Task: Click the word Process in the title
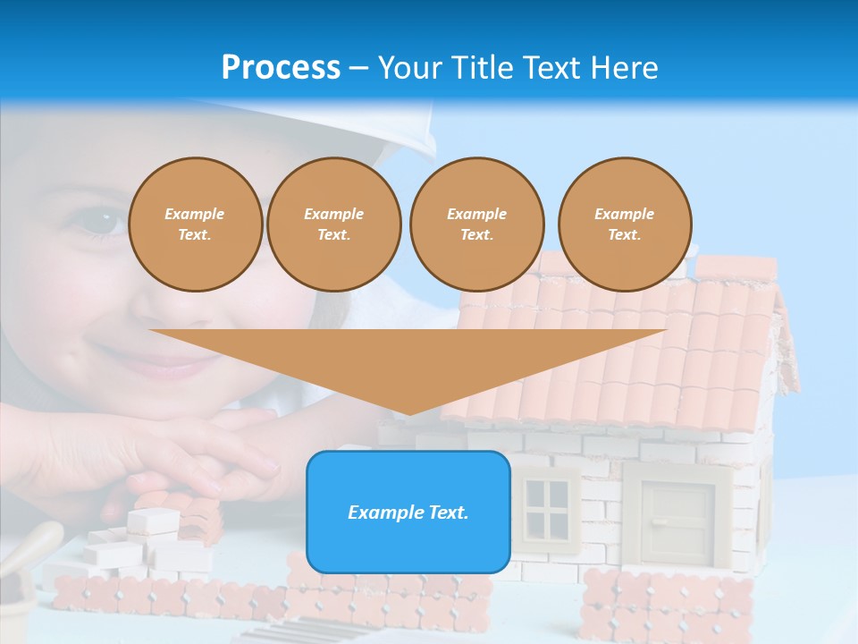tap(281, 67)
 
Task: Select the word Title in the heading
tap(483, 68)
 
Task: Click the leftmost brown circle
tap(195, 225)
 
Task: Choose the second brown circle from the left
tap(333, 225)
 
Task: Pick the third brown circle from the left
tap(476, 225)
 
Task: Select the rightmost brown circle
tap(624, 225)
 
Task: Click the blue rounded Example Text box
tap(408, 513)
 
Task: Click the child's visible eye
tap(105, 220)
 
